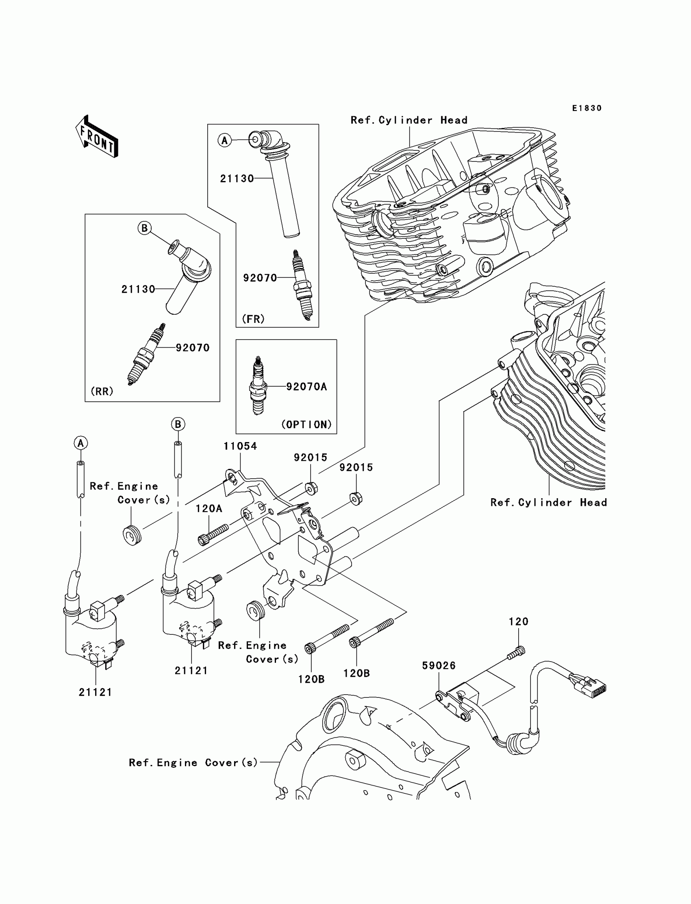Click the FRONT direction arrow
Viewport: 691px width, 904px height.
(x=97, y=137)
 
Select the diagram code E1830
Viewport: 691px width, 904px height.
(x=587, y=108)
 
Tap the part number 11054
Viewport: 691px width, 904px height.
(x=240, y=446)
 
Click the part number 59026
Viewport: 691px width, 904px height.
(x=439, y=665)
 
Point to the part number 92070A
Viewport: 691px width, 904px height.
(x=306, y=387)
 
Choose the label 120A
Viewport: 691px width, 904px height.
(x=209, y=509)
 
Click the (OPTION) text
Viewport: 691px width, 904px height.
(x=306, y=425)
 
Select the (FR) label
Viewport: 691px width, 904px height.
(x=253, y=319)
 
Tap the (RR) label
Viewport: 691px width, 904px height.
(x=102, y=391)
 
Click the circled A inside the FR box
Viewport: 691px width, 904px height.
(x=224, y=140)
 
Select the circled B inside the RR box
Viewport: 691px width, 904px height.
(x=144, y=228)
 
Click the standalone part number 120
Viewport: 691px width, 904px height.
(x=518, y=622)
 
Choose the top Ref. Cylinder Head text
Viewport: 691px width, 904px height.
(x=409, y=120)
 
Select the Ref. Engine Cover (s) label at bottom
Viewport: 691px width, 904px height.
(x=193, y=763)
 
